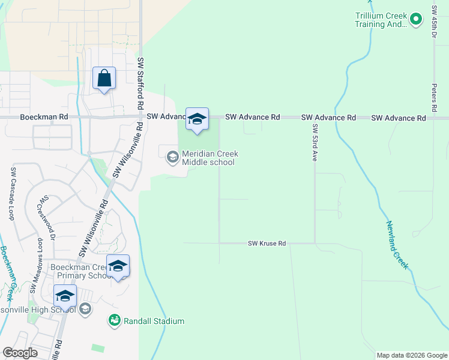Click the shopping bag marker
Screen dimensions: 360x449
point(104,79)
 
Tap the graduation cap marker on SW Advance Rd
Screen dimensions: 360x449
point(197,119)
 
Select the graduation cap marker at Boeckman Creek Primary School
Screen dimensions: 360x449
point(118,266)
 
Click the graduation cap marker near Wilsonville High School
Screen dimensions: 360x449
point(65,296)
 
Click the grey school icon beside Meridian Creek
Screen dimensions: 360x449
point(172,158)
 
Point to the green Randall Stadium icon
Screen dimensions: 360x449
point(114,321)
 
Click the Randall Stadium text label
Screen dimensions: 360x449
point(154,321)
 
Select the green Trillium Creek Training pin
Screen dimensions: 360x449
point(415,20)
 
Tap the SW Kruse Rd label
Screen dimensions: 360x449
point(267,244)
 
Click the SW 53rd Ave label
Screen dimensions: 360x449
point(314,143)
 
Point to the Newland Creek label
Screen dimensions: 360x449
point(397,244)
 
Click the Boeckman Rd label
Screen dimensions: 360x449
point(44,118)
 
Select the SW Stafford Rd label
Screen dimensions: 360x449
point(140,83)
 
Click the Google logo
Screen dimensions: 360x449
point(20,353)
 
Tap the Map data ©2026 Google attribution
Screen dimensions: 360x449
point(411,355)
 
